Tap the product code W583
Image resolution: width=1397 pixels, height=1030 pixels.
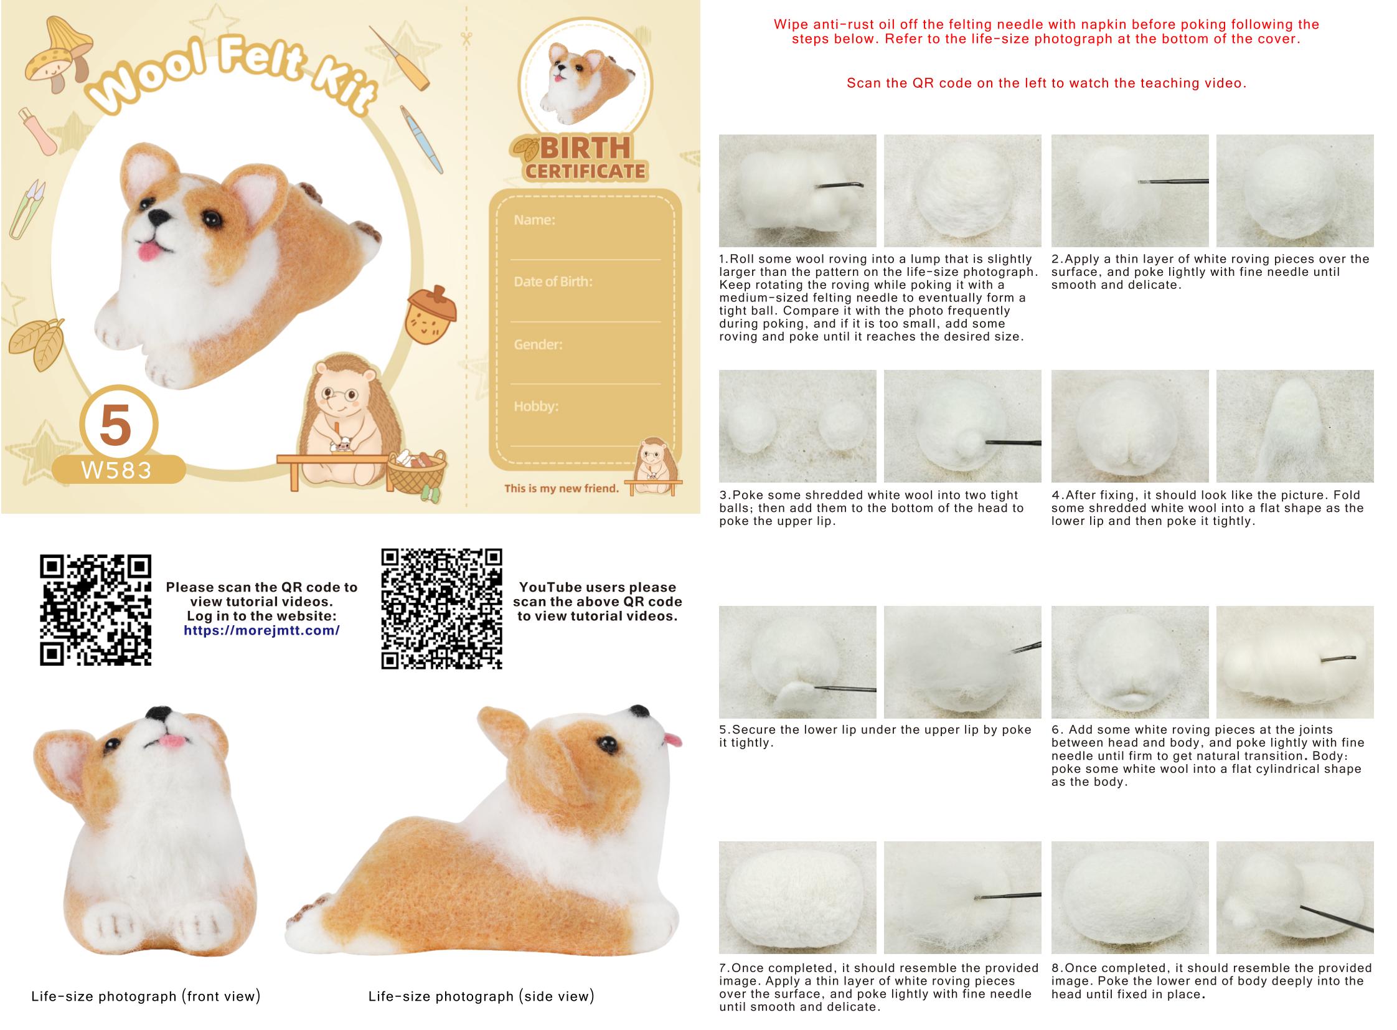point(116,470)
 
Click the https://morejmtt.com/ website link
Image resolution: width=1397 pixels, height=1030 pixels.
point(262,630)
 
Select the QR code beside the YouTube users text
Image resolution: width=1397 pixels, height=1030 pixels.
point(441,608)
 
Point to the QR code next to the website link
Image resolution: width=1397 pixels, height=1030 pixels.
point(96,610)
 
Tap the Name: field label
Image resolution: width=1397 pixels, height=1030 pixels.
point(534,220)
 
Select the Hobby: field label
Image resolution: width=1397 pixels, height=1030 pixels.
point(536,407)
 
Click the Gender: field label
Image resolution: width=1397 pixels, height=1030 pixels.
point(538,344)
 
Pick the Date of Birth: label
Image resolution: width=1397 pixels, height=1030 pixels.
point(553,282)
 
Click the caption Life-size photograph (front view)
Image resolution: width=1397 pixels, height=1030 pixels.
point(146,996)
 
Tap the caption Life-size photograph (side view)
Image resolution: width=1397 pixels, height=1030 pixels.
point(481,996)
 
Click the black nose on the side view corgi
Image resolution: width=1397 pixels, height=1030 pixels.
point(639,711)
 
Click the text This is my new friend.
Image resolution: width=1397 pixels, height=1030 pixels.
point(562,489)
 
